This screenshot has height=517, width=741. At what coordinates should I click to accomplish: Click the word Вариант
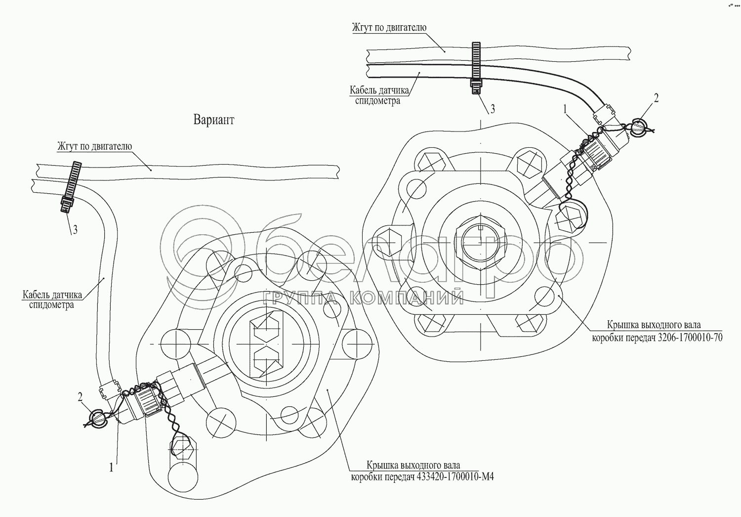coord(214,120)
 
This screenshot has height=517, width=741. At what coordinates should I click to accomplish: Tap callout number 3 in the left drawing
coord(75,230)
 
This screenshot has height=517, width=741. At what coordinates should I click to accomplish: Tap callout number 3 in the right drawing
coord(492,109)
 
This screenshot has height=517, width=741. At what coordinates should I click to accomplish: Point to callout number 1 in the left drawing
coord(112,466)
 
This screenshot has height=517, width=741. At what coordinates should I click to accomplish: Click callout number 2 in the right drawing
coord(656,98)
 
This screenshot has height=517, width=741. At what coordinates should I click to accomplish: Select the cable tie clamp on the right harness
coord(476,67)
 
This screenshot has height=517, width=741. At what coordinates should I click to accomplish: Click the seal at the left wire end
coord(97,418)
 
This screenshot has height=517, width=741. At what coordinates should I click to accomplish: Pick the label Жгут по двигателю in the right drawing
coord(389,28)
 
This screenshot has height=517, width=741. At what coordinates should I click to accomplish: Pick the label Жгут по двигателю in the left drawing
coord(95,146)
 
